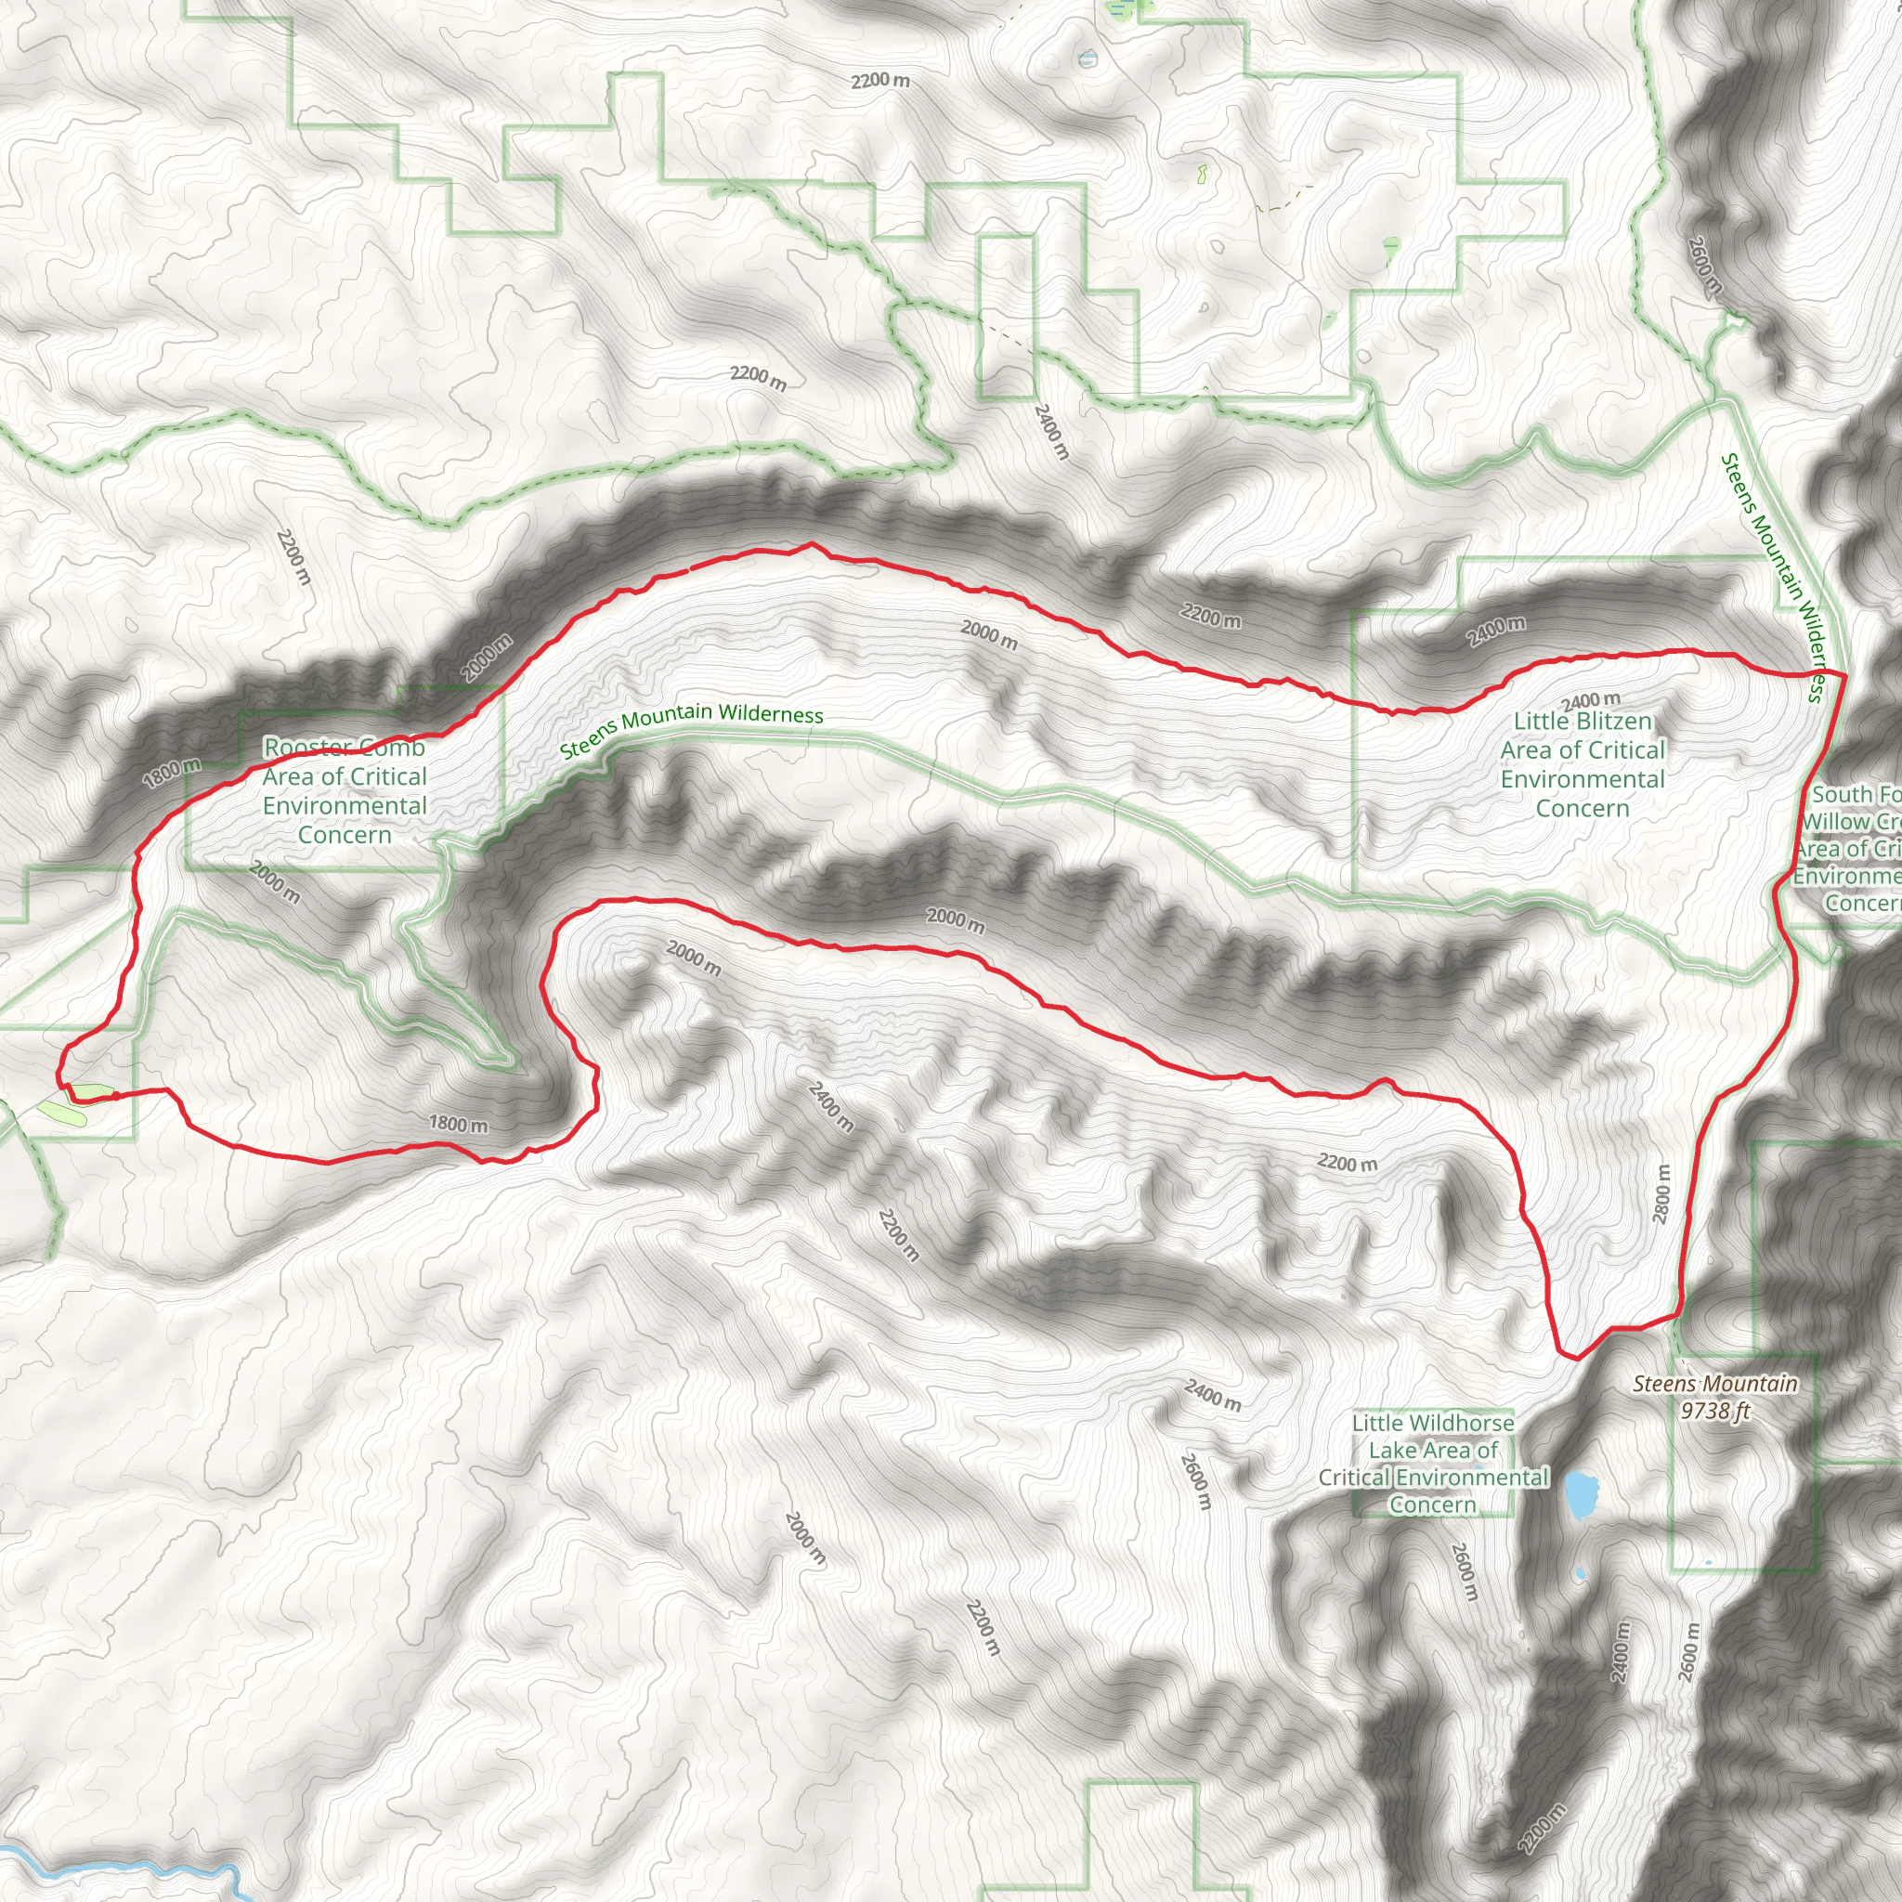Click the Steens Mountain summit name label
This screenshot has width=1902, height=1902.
(1715, 1383)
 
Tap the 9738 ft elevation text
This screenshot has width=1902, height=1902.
(1715, 1411)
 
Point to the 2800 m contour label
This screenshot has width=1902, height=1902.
(1661, 1194)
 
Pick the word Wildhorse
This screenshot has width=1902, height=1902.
(1462, 1423)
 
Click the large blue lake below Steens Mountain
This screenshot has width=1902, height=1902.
(1581, 1494)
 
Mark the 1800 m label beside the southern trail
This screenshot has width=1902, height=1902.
(458, 1124)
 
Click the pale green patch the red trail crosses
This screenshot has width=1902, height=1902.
(88, 1092)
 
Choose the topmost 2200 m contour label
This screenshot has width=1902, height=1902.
(880, 80)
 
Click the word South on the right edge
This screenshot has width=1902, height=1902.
(1842, 793)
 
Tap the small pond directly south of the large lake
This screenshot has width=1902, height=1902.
(1581, 1573)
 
